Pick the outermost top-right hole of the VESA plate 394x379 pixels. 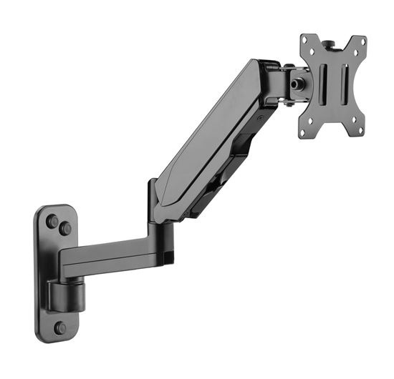point(362,41)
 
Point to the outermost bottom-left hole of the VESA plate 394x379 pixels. point(304,132)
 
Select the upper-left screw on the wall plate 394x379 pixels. point(52,221)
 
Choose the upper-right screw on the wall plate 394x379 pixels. point(65,229)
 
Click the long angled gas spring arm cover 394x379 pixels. point(208,136)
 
